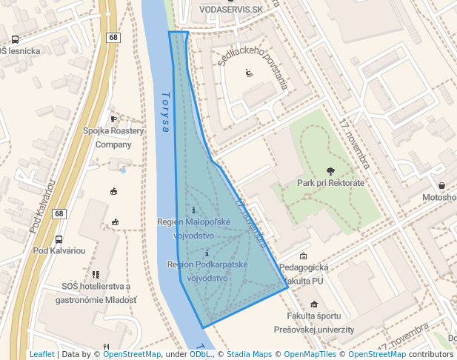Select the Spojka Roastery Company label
click(113, 137)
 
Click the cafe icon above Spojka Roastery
click(113, 119)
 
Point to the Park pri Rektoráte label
click(330, 183)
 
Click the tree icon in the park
click(330, 170)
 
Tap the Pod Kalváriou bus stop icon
click(59, 240)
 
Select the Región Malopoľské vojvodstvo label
click(194, 228)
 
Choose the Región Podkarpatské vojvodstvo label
click(207, 271)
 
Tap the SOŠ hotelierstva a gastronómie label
click(96, 293)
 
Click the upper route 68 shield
click(113, 38)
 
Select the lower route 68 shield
click(59, 214)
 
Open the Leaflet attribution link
click(41, 354)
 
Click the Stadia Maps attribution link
click(247, 354)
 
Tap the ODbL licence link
click(200, 354)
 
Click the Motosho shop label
click(439, 197)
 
